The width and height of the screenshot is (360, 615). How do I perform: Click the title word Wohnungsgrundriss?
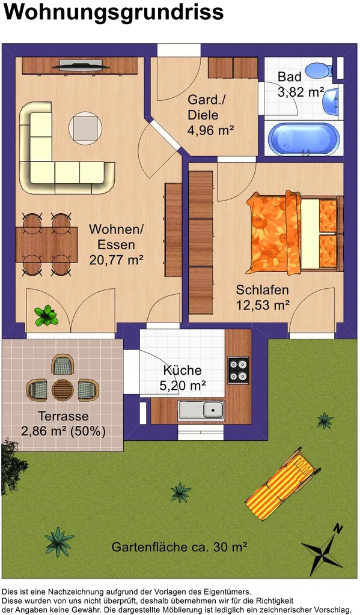point(114,13)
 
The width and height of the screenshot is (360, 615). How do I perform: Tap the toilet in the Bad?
point(319,70)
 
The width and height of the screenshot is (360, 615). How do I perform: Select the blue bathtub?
point(304,139)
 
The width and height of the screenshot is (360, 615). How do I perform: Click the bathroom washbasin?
point(330,102)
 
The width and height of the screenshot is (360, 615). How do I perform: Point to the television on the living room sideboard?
point(81,65)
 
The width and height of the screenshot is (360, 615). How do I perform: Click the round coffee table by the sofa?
point(85,129)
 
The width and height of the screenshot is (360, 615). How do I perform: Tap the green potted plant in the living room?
point(46,316)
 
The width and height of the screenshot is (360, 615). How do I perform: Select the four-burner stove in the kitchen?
point(239,370)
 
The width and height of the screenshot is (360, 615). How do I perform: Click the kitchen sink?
point(201,411)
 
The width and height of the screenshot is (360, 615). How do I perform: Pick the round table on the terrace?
point(63,389)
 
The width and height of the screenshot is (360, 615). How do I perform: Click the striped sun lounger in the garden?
point(282,484)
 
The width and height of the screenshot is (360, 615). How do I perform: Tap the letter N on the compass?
point(338,529)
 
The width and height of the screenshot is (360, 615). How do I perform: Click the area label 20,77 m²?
point(116,259)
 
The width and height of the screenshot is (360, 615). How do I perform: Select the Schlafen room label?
point(262,290)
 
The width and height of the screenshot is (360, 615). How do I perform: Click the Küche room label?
point(182,370)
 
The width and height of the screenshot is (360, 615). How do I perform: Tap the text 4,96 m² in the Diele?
point(211,130)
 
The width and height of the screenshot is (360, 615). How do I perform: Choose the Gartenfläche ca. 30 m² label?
point(180,547)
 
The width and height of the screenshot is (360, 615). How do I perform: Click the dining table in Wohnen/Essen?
point(47,244)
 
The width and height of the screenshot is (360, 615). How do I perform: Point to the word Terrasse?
point(63,416)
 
